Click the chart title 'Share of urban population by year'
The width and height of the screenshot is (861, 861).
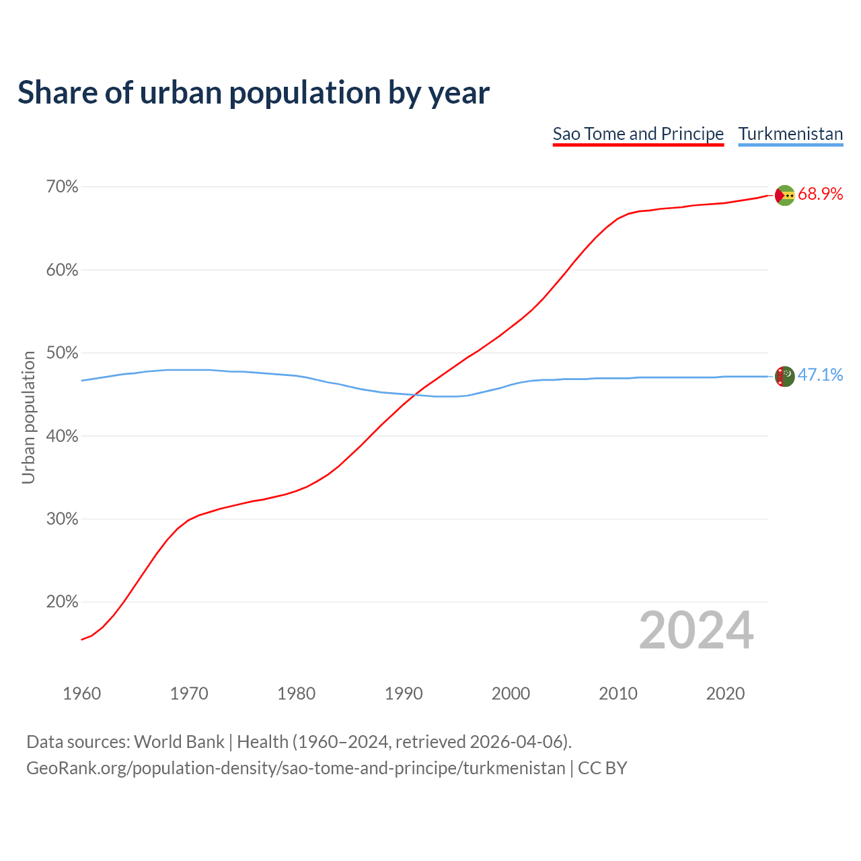point(254,92)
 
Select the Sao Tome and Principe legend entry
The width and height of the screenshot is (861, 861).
point(638,134)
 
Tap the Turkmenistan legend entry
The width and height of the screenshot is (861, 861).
point(790,134)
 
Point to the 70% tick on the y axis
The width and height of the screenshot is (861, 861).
point(62,187)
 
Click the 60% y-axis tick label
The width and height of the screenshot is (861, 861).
point(62,270)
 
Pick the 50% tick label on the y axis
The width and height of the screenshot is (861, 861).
point(62,353)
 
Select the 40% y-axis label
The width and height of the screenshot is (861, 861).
point(62,437)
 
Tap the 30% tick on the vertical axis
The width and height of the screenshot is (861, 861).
point(62,519)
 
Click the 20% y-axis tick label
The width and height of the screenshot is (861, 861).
point(62,602)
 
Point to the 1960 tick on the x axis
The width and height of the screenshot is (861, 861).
point(81,694)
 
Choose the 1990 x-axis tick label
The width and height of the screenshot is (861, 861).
point(404,694)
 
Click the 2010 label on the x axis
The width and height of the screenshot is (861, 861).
point(618,694)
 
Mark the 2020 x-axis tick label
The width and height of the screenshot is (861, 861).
point(725,694)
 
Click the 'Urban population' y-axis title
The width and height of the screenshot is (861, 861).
point(28,417)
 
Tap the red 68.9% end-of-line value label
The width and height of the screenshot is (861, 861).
point(820,194)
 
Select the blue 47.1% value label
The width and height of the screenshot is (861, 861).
point(820,375)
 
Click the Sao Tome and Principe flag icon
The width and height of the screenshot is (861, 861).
point(784,195)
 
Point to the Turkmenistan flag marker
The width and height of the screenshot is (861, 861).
point(784,376)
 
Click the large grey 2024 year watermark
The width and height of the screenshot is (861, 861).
point(696,630)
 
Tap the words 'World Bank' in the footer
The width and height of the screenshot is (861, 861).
point(179,742)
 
